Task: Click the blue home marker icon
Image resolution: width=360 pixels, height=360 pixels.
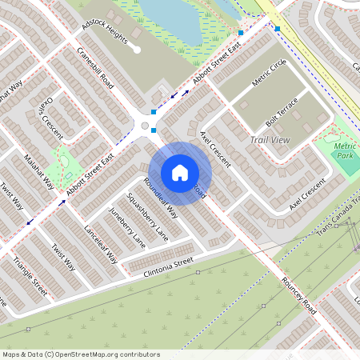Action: pyautogui.click(x=179, y=173)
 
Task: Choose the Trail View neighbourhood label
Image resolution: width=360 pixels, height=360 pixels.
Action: pyautogui.click(x=270, y=140)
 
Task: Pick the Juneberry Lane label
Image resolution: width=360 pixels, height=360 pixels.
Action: pyautogui.click(x=127, y=228)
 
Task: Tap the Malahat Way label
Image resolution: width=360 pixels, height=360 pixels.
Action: pyautogui.click(x=38, y=171)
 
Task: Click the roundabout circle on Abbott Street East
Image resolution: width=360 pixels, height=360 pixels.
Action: pyautogui.click(x=145, y=126)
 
